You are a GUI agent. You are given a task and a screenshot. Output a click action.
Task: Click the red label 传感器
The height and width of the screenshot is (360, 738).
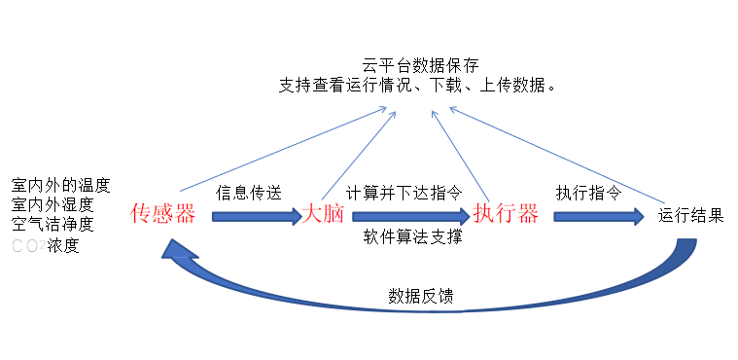pyautogui.click(x=163, y=214)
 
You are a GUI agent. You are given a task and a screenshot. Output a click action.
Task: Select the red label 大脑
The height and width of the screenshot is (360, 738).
pyautogui.click(x=324, y=214)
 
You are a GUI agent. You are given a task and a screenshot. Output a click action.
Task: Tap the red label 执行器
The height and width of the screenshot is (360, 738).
pyautogui.click(x=506, y=214)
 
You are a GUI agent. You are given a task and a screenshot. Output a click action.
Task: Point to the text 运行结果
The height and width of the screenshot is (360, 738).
pyautogui.click(x=690, y=215)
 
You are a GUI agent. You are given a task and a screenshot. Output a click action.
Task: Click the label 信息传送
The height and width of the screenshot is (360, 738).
pyautogui.click(x=249, y=192)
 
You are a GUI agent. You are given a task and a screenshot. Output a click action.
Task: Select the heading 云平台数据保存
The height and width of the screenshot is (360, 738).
pyautogui.click(x=420, y=66)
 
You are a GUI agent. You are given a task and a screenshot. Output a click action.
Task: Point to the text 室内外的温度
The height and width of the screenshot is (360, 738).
pyautogui.click(x=60, y=184)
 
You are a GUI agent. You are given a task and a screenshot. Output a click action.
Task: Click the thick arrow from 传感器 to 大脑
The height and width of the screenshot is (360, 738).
pyautogui.click(x=257, y=216)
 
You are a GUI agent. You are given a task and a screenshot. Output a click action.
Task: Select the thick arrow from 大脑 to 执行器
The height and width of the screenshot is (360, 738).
pyautogui.click(x=410, y=216)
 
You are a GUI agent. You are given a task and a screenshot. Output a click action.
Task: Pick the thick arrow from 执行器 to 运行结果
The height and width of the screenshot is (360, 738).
pyautogui.click(x=599, y=216)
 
